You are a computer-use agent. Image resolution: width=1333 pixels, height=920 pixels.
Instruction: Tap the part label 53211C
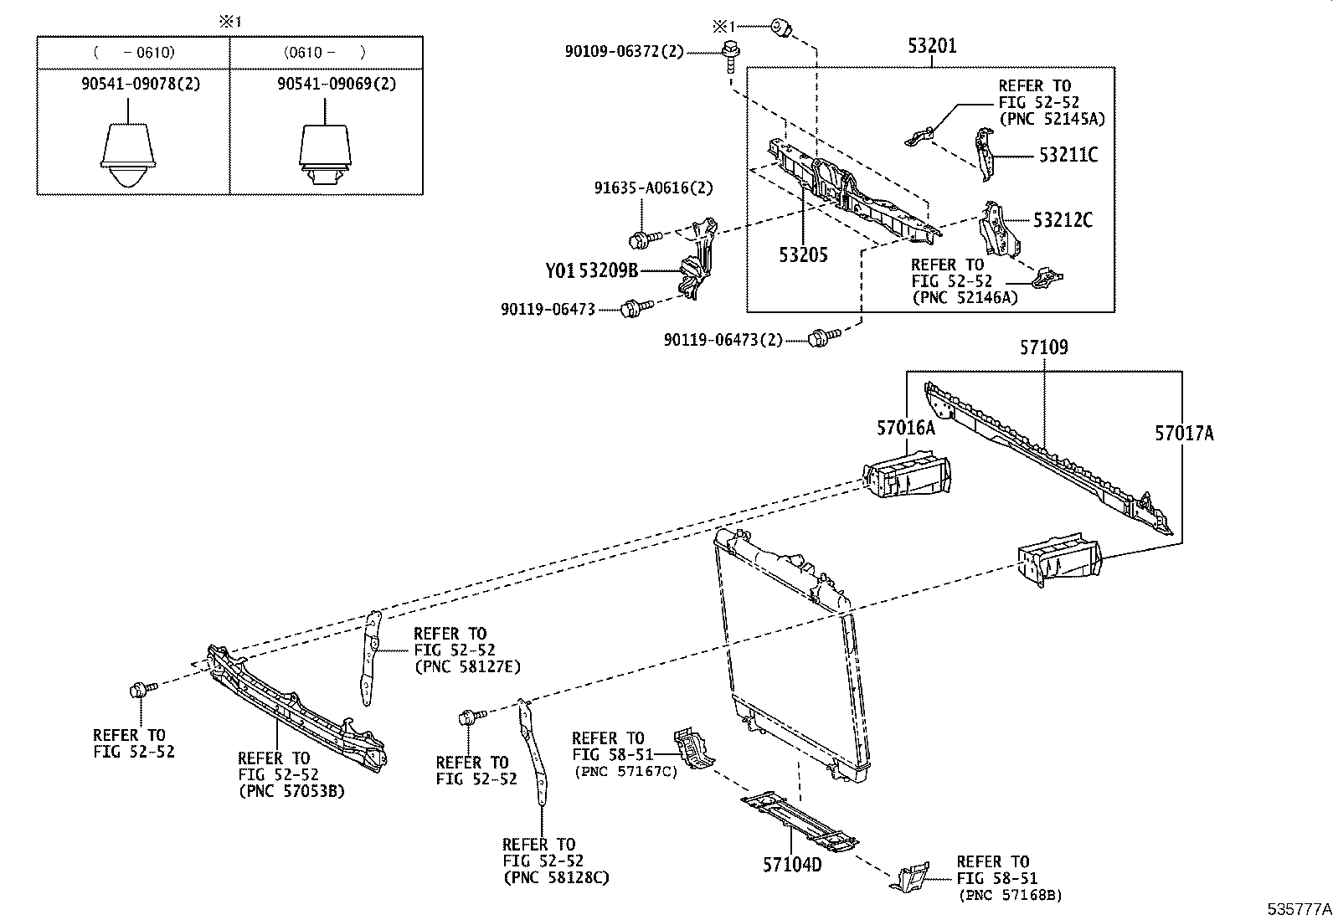pyautogui.click(x=1068, y=155)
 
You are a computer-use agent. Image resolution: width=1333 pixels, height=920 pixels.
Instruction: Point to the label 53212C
pyautogui.click(x=1063, y=220)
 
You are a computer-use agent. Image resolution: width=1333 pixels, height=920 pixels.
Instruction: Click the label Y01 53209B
pyautogui.click(x=592, y=270)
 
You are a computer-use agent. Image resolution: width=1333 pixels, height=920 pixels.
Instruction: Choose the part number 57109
pyautogui.click(x=1043, y=347)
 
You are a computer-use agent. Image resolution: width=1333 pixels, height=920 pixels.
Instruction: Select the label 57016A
pyautogui.click(x=905, y=428)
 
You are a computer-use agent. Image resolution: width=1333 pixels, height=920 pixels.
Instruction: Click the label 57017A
pyautogui.click(x=1184, y=433)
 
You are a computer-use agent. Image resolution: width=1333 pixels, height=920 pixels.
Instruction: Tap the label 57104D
pyautogui.click(x=791, y=863)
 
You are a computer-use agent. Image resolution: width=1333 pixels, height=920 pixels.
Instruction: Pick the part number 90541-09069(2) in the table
pyautogui.click(x=326, y=84)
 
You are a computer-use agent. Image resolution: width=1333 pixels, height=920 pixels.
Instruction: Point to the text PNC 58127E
pyautogui.click(x=467, y=666)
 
